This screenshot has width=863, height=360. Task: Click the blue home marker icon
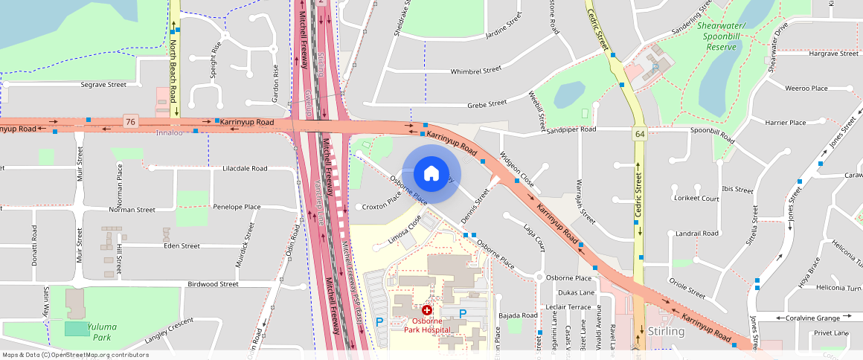(431, 174)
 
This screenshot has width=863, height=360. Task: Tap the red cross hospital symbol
(427, 309)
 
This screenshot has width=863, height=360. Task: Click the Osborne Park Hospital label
(427, 325)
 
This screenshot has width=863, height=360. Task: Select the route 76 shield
(131, 120)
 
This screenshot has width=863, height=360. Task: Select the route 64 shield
(639, 135)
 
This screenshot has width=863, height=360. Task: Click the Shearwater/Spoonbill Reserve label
(726, 36)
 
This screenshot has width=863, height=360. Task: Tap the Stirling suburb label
(666, 331)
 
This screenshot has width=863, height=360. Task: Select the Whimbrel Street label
(476, 71)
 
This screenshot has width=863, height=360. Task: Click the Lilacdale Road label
(245, 169)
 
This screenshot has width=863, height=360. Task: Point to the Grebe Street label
(487, 103)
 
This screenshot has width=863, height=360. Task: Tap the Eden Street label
(182, 245)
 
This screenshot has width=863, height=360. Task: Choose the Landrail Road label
(698, 233)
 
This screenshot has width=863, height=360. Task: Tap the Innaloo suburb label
(168, 132)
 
